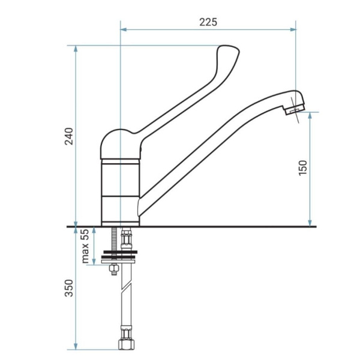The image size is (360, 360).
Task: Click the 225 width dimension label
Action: click(208, 22)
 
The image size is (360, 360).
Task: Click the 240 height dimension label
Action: click(69, 136)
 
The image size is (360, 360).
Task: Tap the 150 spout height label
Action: click(302, 168)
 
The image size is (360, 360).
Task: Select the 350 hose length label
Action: click(69, 288)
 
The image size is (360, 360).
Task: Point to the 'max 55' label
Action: click(85, 246)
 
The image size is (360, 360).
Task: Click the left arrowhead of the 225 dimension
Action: click(124, 29)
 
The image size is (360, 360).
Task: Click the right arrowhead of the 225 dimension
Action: click(293, 29)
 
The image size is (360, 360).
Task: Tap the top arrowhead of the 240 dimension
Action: click(76, 49)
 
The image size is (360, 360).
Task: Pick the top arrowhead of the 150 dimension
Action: click(310, 115)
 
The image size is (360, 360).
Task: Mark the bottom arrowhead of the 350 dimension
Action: click(76, 346)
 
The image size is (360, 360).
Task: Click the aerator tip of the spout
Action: click(295, 110)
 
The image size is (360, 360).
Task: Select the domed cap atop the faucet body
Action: click(121, 144)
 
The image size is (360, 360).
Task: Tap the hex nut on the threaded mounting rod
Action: click(113, 268)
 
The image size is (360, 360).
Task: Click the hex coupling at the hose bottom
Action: click(126, 344)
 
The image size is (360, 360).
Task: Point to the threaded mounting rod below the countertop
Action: click(113, 239)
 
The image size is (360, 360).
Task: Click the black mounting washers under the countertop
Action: click(119, 254)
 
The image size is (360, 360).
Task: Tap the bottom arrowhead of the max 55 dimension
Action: click(94, 262)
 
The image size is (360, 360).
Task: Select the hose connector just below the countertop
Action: click(126, 239)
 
